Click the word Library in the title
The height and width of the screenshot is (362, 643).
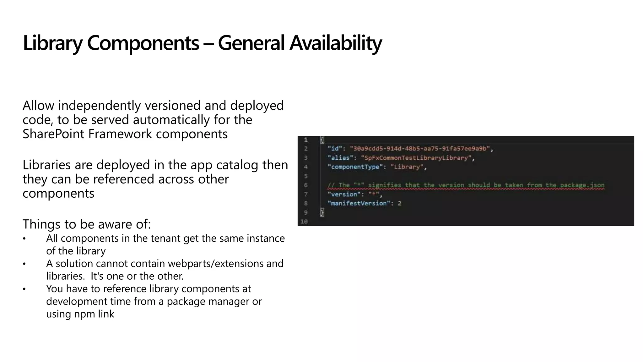pyautogui.click(x=52, y=43)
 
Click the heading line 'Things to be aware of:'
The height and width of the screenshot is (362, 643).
pyautogui.click(x=87, y=224)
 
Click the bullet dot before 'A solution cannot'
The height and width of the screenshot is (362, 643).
pyautogui.click(x=24, y=264)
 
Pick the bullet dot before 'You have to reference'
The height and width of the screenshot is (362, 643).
pyautogui.click(x=24, y=289)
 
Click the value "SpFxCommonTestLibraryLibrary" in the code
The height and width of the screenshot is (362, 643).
pyautogui.click(x=416, y=158)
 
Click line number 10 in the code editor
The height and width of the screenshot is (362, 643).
pyautogui.click(x=304, y=222)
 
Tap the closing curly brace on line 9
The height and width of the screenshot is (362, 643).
pyautogui.click(x=322, y=212)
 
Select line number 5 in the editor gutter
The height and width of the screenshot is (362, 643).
pyautogui.click(x=305, y=176)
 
